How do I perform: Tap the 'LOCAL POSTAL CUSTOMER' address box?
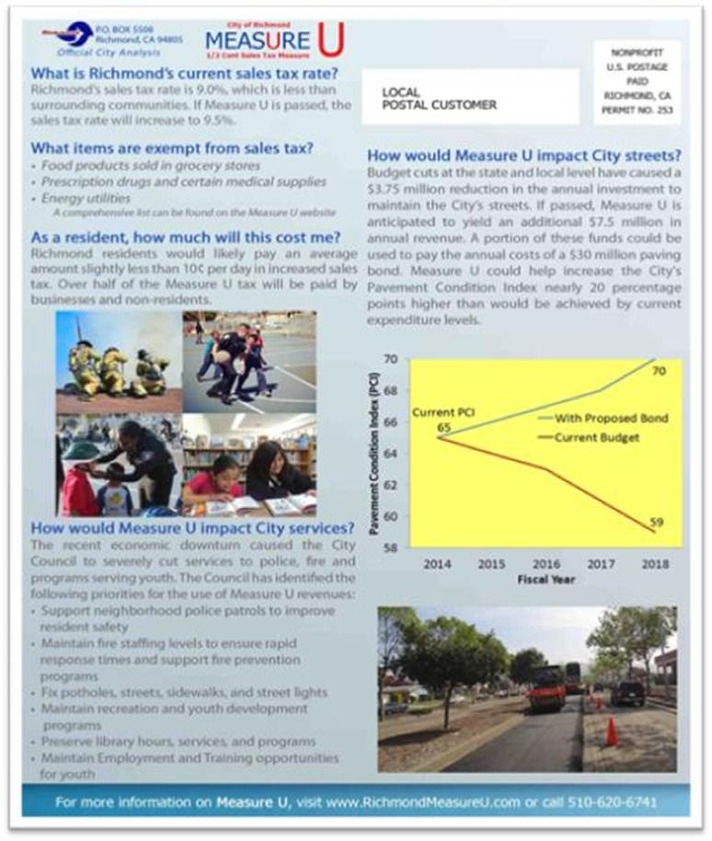[x=470, y=97]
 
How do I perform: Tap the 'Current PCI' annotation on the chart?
[x=438, y=413]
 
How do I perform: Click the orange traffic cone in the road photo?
[x=611, y=732]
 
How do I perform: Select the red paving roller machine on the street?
[x=546, y=688]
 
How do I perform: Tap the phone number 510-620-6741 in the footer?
[x=610, y=802]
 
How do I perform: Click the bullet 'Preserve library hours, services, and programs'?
[x=178, y=741]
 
